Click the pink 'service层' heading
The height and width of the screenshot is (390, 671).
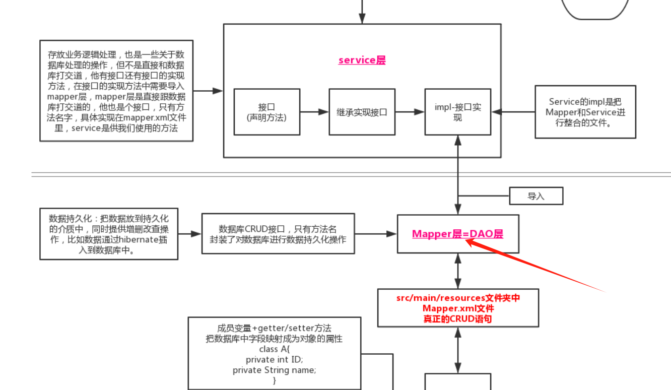(x=362, y=60)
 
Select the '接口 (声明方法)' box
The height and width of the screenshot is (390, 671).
(x=266, y=112)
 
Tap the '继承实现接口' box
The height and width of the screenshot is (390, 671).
(x=362, y=112)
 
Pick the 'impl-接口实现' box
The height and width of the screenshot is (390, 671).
(x=457, y=112)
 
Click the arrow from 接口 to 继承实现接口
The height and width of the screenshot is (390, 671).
(x=314, y=112)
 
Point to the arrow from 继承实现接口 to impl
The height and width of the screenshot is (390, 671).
(x=410, y=112)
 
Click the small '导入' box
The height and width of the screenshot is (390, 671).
(x=536, y=196)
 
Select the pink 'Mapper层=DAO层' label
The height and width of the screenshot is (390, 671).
(x=457, y=234)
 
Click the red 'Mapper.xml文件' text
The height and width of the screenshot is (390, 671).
(x=458, y=308)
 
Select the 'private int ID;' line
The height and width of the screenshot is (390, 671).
(x=275, y=359)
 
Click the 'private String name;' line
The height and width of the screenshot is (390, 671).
(x=275, y=370)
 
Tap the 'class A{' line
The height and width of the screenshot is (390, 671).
(x=275, y=349)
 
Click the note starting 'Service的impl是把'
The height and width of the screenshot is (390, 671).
(x=585, y=112)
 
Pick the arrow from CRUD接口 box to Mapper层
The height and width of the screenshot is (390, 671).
(x=375, y=234)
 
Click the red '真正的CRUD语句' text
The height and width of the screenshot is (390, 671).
(x=458, y=319)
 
